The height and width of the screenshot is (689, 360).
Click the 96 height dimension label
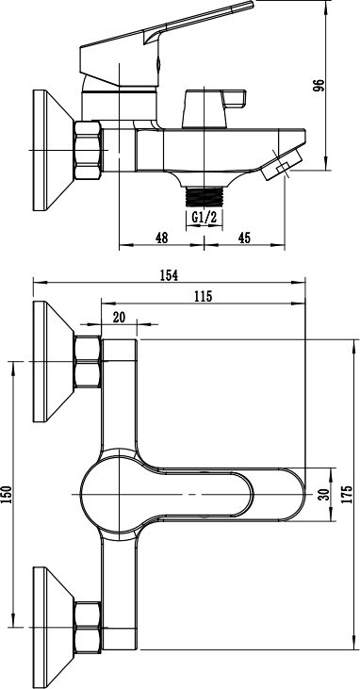click(x=319, y=85)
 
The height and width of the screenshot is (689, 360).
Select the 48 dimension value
click(x=162, y=238)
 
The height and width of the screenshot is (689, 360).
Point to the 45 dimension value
click(x=244, y=238)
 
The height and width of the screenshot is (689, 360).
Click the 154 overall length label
click(x=169, y=275)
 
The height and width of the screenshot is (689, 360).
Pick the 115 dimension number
click(x=203, y=296)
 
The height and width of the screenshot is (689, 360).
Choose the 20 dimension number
click(x=119, y=317)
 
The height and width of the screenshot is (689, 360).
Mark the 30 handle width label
click(x=323, y=495)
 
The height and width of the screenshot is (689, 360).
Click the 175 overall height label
click(x=347, y=495)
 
